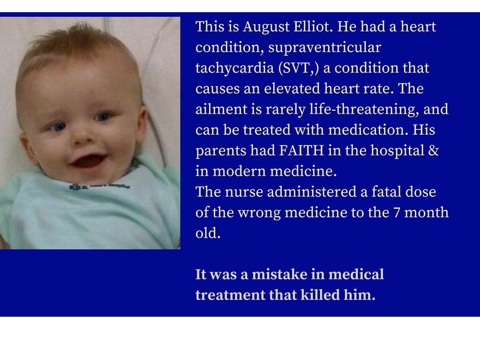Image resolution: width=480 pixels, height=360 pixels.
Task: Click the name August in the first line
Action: tap(266, 27)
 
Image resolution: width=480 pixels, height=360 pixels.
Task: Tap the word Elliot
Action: tap(313, 26)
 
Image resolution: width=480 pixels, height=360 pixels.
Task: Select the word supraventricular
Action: tap(324, 48)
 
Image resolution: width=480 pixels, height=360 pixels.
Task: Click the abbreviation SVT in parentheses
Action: tap(296, 67)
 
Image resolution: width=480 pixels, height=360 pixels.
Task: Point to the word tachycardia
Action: tap(234, 68)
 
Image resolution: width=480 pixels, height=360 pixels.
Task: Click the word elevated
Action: tap(292, 89)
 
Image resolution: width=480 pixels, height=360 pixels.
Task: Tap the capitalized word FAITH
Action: tap(301, 150)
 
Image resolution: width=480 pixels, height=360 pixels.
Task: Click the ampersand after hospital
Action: tap(434, 150)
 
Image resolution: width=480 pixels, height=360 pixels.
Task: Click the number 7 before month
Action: tap(397, 213)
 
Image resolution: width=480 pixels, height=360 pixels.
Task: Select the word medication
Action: tap(368, 130)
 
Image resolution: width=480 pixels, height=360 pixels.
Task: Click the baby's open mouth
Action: tap(88, 161)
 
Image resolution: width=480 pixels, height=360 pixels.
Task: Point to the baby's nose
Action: tap(82, 135)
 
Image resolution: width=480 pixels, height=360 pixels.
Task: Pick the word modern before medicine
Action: tap(240, 171)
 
